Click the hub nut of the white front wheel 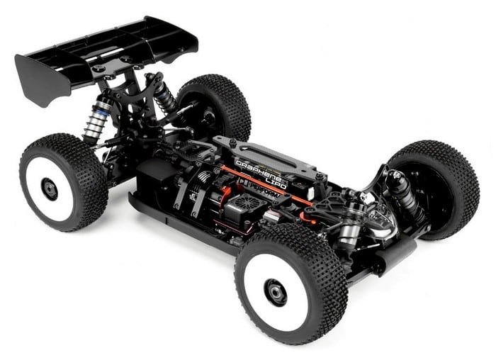276,292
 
